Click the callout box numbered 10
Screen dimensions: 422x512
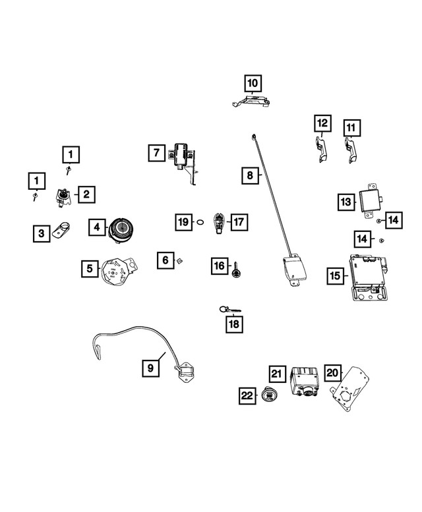253,83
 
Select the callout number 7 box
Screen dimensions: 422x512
156,153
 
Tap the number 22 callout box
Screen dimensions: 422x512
247,395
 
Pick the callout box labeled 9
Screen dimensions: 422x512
150,368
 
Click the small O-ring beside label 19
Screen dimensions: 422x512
200,222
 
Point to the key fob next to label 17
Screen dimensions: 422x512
218,223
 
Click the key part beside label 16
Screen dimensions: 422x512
235,270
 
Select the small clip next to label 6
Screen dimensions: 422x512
179,260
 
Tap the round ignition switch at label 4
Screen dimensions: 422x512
121,230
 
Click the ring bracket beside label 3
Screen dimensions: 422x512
63,229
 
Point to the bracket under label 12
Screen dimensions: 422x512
320,149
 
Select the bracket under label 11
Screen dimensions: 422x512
351,150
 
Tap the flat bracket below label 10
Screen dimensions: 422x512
251,101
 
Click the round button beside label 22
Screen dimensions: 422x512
270,395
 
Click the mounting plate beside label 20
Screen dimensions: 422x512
350,389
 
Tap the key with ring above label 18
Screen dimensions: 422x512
230,309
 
